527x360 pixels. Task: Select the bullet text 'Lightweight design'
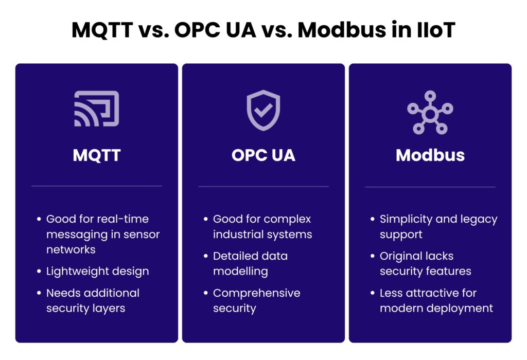point(97,271)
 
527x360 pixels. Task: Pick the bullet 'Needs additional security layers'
point(93,300)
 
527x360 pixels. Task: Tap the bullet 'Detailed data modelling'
point(250,263)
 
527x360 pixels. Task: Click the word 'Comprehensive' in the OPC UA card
point(256,293)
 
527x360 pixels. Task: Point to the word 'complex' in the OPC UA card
point(290,219)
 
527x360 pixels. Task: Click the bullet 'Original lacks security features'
point(425,263)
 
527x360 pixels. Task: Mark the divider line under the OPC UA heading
point(263,186)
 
